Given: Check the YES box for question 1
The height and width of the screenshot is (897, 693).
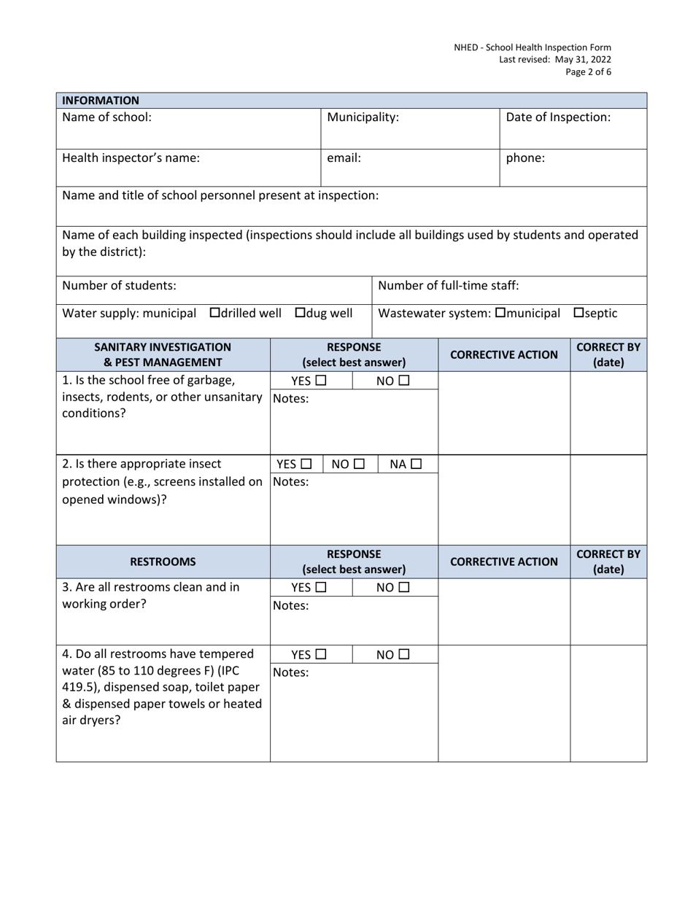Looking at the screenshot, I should point(320,381).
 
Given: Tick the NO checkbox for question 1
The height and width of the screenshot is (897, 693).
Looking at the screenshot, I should point(404,381).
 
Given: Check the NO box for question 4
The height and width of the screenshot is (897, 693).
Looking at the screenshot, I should point(404,655).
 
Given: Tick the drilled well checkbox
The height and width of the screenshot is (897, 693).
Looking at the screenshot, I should point(214,314).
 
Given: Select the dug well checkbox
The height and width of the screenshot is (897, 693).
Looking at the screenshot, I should point(300,314).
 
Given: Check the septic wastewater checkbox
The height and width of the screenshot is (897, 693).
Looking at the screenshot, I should point(579,314).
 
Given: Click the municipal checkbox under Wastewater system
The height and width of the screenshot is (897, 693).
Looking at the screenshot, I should point(500,314).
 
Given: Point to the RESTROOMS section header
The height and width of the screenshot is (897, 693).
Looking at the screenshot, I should point(163,562).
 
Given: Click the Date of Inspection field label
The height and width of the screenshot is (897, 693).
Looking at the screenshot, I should point(558,117).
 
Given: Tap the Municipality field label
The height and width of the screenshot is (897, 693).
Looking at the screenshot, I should point(363,117).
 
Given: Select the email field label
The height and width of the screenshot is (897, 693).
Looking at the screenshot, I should point(344,158).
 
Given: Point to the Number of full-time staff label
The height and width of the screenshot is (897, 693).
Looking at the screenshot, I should point(449,284).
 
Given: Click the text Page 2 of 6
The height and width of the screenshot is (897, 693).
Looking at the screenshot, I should point(588,72).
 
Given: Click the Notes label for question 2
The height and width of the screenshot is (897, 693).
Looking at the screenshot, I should point(291,482).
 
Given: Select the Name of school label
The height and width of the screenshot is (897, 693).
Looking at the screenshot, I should point(107,117).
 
